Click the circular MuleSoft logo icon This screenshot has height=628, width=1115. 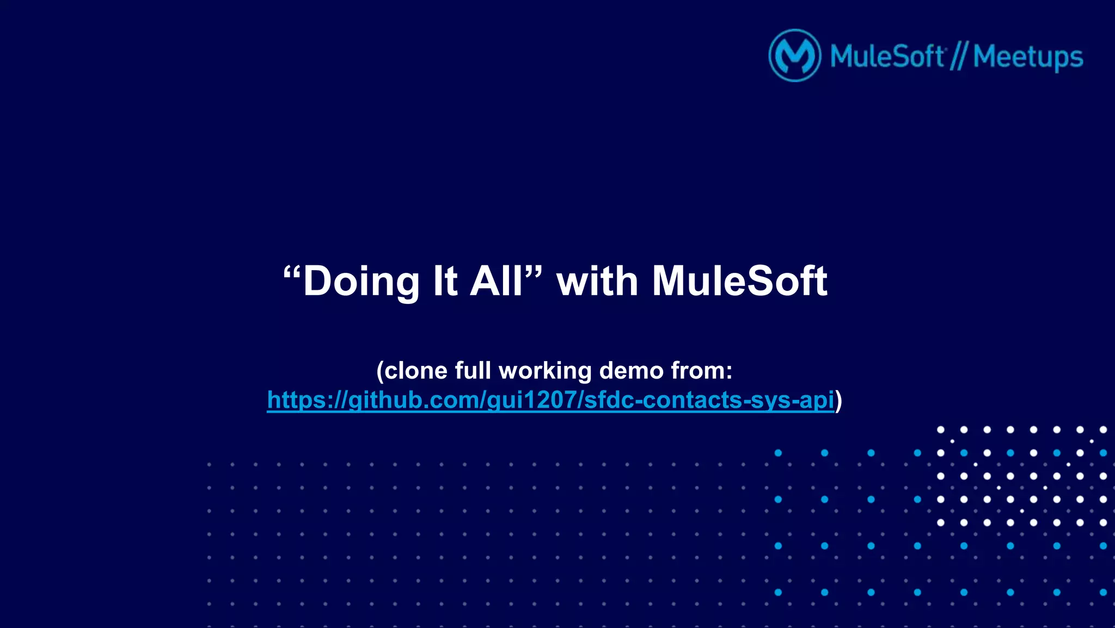(x=794, y=56)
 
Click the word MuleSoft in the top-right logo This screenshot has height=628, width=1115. (x=887, y=57)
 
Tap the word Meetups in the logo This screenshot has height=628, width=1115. (x=1028, y=57)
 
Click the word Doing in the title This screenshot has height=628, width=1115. (x=360, y=282)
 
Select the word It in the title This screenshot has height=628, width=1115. (x=445, y=282)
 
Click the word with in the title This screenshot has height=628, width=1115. (x=597, y=282)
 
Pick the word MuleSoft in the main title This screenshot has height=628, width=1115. (x=740, y=282)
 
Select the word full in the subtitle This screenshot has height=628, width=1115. (x=473, y=371)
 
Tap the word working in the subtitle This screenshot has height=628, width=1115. (x=545, y=371)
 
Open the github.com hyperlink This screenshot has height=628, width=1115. (x=550, y=400)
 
